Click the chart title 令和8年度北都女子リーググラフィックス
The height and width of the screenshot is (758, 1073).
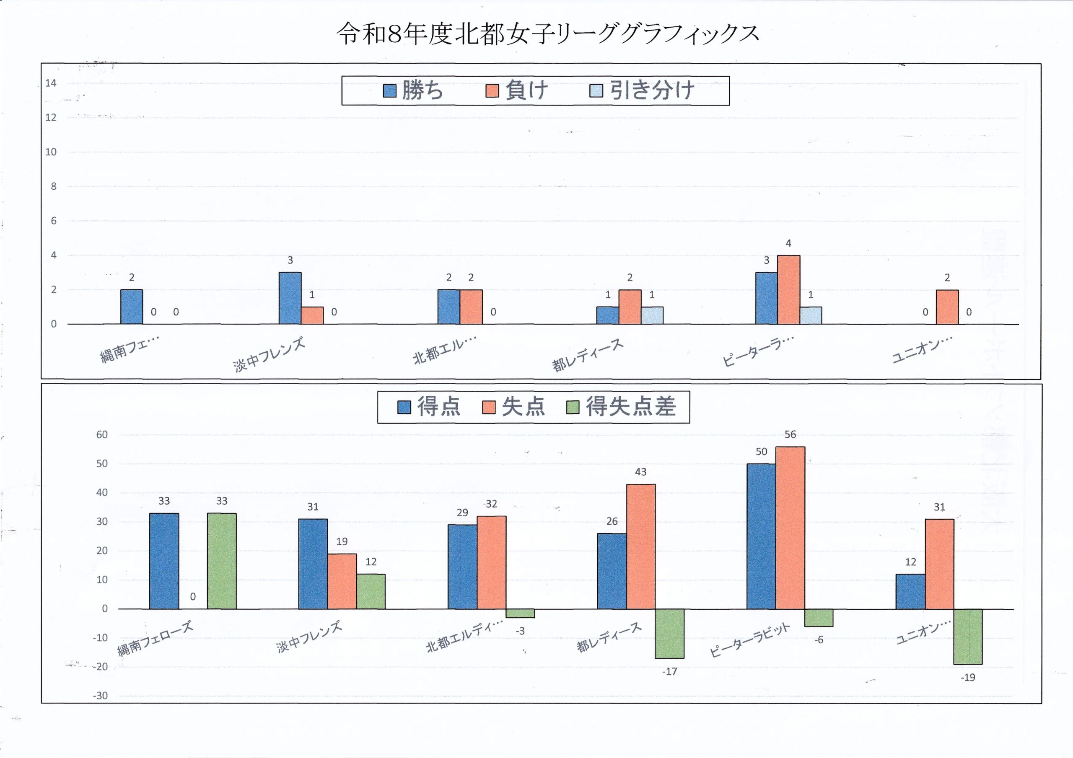tap(547, 34)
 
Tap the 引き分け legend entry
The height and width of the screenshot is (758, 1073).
tap(642, 90)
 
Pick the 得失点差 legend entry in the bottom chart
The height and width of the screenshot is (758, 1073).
tap(621, 407)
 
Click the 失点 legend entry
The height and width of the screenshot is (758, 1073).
tap(513, 407)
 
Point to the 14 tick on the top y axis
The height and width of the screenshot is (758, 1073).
tap(51, 83)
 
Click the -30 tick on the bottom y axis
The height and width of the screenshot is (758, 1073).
tap(100, 696)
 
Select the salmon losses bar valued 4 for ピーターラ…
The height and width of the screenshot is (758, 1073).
tap(788, 289)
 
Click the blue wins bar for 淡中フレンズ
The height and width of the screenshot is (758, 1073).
tap(290, 298)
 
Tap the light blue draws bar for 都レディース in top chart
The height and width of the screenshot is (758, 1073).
tap(652, 315)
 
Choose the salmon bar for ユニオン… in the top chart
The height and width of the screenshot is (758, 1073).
tap(947, 307)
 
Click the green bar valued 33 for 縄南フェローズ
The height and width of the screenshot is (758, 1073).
tap(222, 561)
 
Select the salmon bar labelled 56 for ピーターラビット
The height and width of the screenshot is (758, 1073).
tap(790, 528)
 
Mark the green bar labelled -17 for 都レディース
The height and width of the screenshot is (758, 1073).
tap(670, 633)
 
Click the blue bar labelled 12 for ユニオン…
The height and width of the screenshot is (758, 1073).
tap(910, 591)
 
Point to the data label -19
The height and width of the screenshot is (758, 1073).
tap(968, 677)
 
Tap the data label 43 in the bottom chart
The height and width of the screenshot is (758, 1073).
tap(641, 472)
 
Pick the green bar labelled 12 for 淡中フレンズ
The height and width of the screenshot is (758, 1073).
tap(371, 591)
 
